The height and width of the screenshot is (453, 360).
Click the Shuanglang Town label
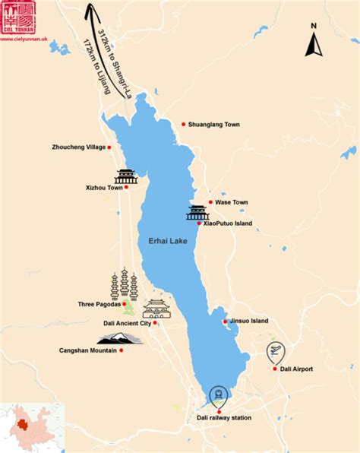[215, 125]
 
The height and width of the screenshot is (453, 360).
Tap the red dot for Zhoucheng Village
[109, 147]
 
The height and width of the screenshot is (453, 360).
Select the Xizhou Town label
[104, 187]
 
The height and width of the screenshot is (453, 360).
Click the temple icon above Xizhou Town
[125, 176]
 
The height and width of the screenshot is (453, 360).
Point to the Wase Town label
[232, 202]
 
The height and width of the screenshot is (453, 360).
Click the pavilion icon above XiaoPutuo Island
[197, 212]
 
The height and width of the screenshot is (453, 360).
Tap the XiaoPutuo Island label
[229, 223]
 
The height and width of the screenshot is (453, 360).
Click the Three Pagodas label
[99, 305]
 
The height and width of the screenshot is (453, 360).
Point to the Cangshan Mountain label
[87, 350]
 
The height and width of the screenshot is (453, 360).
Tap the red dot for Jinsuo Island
[226, 322]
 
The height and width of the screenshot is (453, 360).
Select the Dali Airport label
[296, 369]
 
